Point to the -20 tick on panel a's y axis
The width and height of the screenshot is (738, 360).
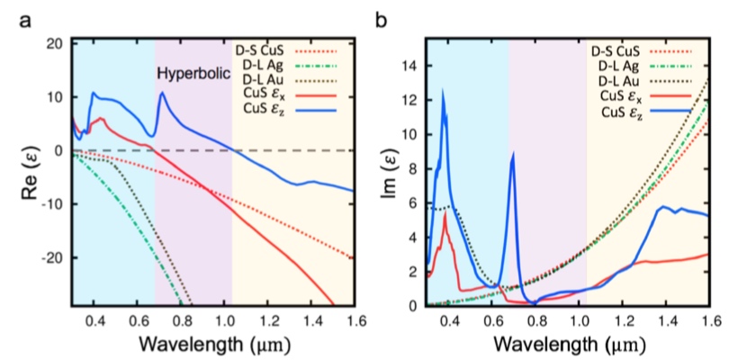point(52,257)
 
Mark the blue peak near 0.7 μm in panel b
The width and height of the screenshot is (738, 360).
point(512,154)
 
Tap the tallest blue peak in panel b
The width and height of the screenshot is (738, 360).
point(443,91)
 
